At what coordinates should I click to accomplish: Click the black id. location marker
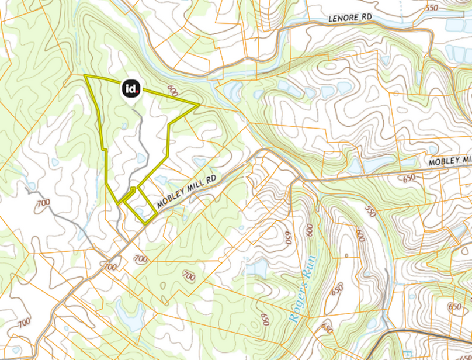click(x=131, y=88)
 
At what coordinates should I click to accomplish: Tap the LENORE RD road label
click(x=350, y=18)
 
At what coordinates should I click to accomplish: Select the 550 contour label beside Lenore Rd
click(x=432, y=8)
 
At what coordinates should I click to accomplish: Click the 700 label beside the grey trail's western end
click(x=43, y=203)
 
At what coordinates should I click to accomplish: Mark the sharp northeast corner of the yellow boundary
click(x=199, y=105)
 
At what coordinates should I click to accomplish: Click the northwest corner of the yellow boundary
click(x=85, y=76)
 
